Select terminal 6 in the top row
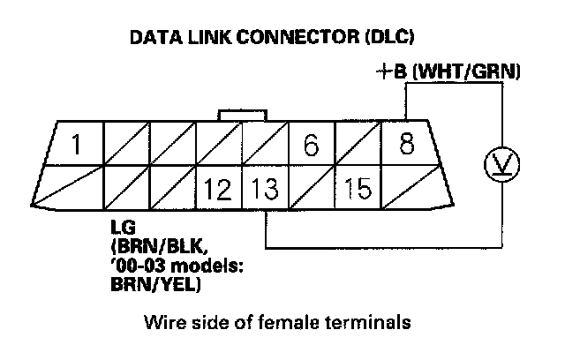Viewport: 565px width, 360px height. coord(311,146)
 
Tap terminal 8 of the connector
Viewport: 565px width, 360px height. coord(406,144)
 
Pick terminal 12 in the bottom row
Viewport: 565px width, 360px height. coord(218,188)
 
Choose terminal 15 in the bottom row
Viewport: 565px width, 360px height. coord(358,188)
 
